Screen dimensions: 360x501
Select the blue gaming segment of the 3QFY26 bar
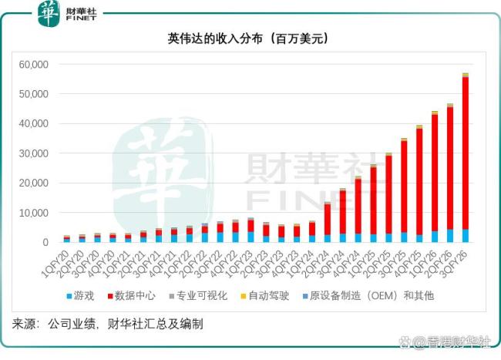466,236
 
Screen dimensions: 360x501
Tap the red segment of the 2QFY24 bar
328,219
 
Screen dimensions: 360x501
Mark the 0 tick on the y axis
47,242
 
